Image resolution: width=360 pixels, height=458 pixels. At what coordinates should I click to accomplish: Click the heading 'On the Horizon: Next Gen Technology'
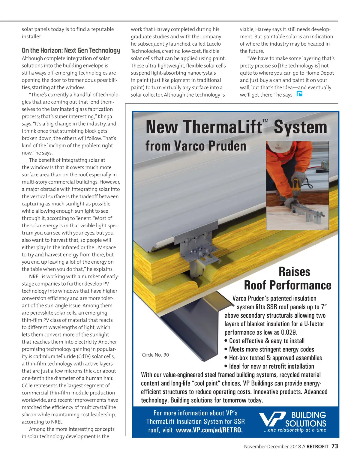pos(71,50)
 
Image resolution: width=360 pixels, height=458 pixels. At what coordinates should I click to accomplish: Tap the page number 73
pos(334,446)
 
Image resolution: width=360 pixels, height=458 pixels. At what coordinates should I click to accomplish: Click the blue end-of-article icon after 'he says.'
pos(299,94)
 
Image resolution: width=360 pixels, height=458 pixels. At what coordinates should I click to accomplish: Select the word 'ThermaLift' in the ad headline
pos(204,127)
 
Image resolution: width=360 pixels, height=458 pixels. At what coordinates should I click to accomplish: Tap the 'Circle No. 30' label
pos(155,355)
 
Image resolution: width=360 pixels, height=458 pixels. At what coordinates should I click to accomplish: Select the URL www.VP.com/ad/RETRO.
pos(209,430)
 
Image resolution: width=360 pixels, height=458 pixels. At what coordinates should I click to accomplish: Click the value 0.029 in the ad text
pos(289,332)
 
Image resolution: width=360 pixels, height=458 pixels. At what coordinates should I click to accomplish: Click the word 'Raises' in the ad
pos(294,272)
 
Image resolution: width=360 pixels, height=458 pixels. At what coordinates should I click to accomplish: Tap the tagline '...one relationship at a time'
pos(295,430)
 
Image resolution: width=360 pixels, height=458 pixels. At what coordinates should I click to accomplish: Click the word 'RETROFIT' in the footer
pos(317,447)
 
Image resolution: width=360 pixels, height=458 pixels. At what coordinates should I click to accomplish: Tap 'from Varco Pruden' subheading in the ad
pos(196,146)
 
